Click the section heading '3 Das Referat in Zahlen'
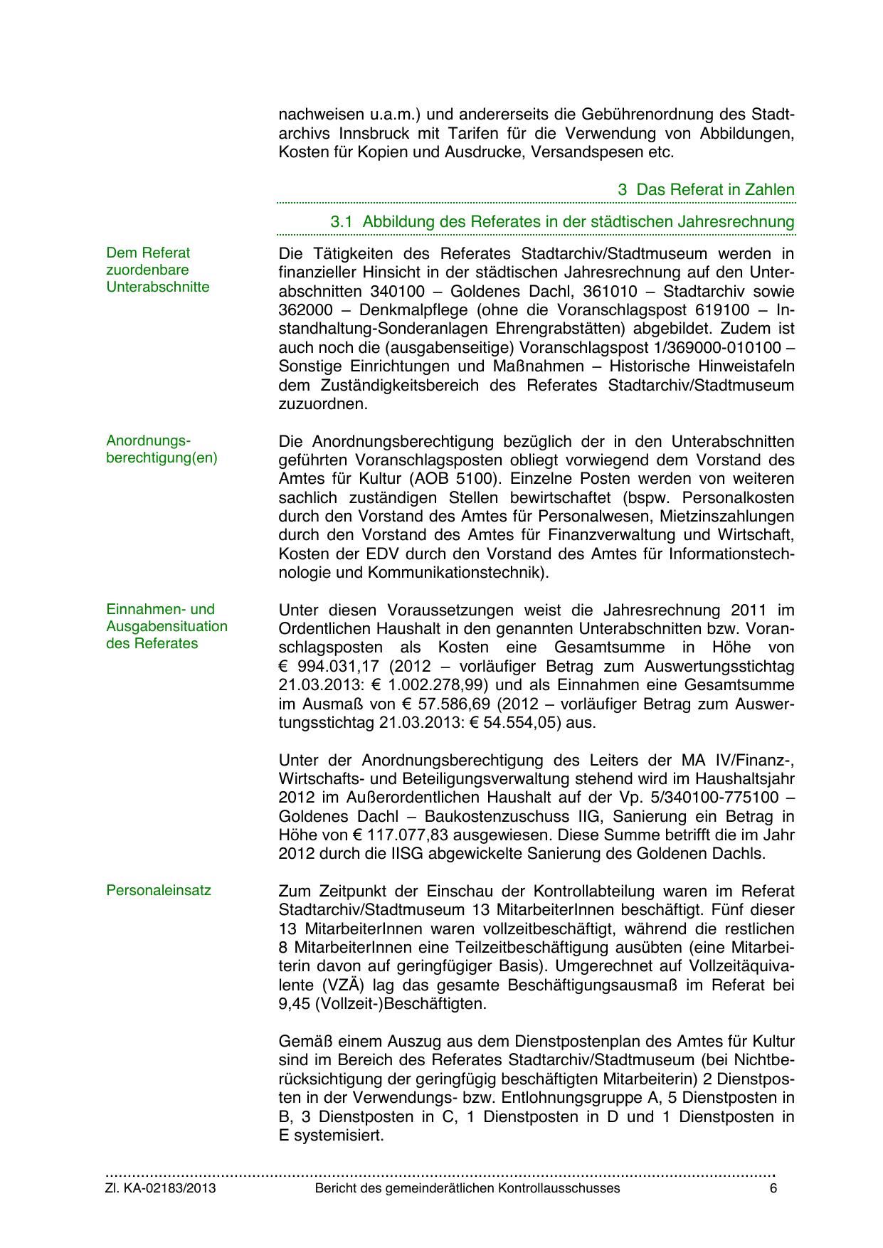click(706, 190)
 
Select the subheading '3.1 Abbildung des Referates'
click(562, 221)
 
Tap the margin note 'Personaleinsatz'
click(159, 890)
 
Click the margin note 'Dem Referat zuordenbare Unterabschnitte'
click(158, 270)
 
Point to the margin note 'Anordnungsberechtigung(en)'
click(162, 449)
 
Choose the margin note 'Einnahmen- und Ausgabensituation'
click(166, 626)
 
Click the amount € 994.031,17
click(323, 667)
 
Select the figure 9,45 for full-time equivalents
click(295, 1004)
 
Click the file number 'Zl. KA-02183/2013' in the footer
click(161, 1188)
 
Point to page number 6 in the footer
click(773, 1188)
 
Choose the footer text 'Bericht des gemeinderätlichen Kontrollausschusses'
click(467, 1188)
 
